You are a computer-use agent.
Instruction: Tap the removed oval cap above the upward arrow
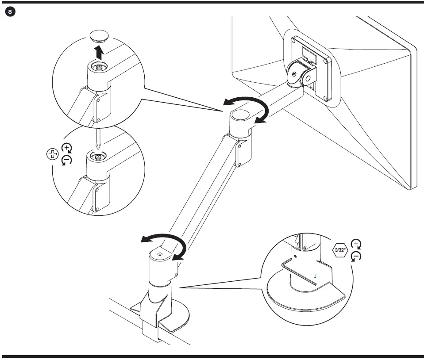point(100,36)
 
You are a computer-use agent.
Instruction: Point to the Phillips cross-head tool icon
point(52,154)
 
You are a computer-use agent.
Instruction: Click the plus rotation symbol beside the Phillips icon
point(66,148)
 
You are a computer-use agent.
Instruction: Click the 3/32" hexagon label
point(340,250)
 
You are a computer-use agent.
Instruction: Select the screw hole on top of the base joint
point(159,255)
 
